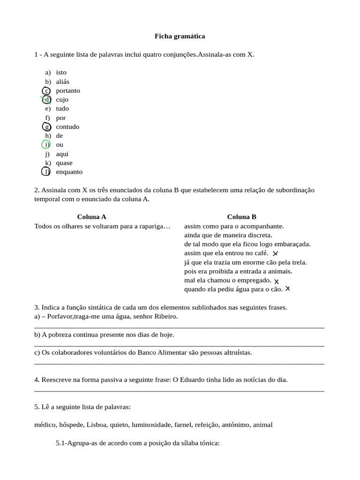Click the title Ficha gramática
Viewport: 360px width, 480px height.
click(180, 36)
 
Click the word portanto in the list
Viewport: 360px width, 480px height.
click(67, 90)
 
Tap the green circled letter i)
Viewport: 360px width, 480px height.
click(46, 145)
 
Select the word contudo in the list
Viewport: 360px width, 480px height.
click(67, 127)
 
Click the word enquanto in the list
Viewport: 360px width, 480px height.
click(69, 172)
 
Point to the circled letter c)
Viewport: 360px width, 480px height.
click(46, 90)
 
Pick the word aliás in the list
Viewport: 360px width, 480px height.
click(62, 82)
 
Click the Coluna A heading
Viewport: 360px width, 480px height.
click(91, 217)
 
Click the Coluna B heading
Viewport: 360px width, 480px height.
click(241, 217)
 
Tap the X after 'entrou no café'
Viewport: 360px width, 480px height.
click(275, 254)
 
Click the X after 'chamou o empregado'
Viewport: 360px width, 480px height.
click(277, 281)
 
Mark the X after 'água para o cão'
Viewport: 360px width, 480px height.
click(287, 289)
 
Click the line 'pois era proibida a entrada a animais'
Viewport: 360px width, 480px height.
click(238, 271)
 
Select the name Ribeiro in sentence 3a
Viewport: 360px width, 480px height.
click(166, 316)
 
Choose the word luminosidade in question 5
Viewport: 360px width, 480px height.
click(151, 425)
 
